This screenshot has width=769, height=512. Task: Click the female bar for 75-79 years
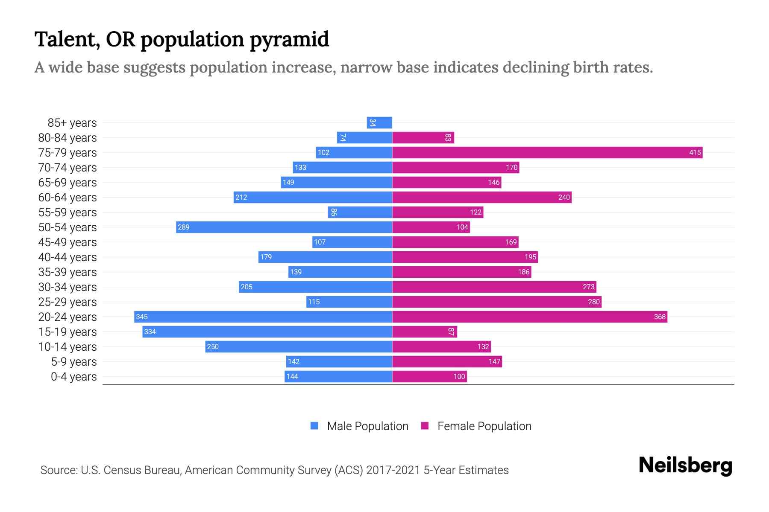click(x=547, y=152)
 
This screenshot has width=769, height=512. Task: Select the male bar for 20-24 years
click(x=263, y=317)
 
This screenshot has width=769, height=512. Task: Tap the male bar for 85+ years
click(x=379, y=122)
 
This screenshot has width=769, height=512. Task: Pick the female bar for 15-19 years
click(x=424, y=332)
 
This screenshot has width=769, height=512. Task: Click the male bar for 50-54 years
click(x=284, y=227)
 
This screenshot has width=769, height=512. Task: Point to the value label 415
click(x=695, y=152)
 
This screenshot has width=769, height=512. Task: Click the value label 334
click(x=150, y=332)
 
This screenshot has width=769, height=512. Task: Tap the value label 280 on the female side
click(x=593, y=302)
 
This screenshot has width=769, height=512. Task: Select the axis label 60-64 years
click(x=68, y=198)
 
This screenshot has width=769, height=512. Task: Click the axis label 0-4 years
click(x=73, y=377)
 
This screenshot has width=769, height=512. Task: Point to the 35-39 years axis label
click(x=68, y=272)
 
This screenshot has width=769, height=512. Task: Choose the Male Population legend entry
click(x=367, y=426)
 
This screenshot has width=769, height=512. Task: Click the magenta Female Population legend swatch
click(x=425, y=426)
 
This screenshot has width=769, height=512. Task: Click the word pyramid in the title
click(x=289, y=40)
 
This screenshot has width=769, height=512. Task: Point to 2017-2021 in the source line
click(x=393, y=470)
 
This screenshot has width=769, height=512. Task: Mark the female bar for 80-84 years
click(x=423, y=137)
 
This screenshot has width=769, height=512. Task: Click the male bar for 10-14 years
click(x=299, y=346)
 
